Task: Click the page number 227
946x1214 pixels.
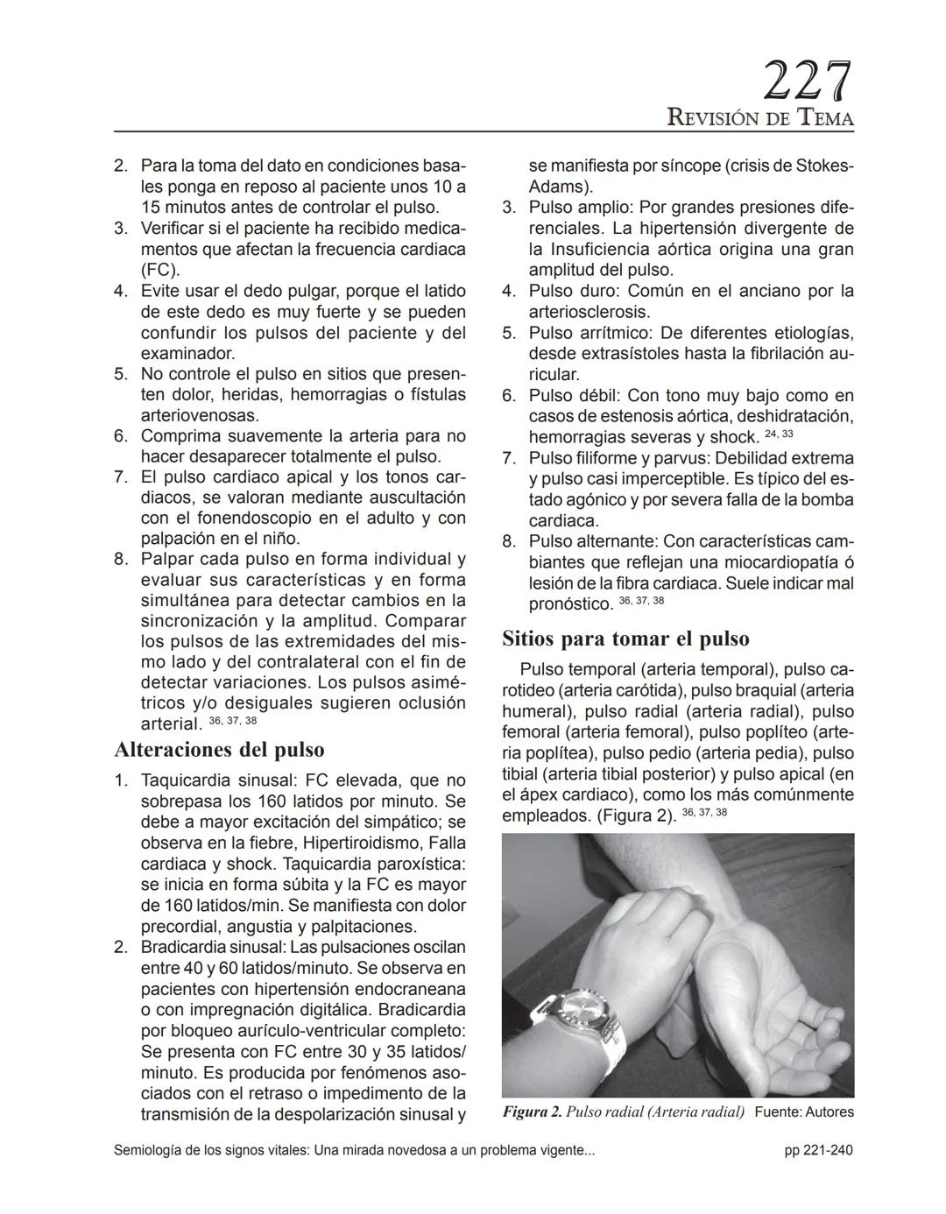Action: click(x=807, y=82)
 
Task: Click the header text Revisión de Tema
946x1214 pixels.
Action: click(x=759, y=117)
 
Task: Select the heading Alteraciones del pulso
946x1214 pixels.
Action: click(x=219, y=750)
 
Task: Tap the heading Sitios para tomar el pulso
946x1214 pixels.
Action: click(x=625, y=639)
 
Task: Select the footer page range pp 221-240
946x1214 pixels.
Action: click(x=818, y=1150)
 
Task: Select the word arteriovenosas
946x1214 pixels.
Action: click(x=200, y=415)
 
